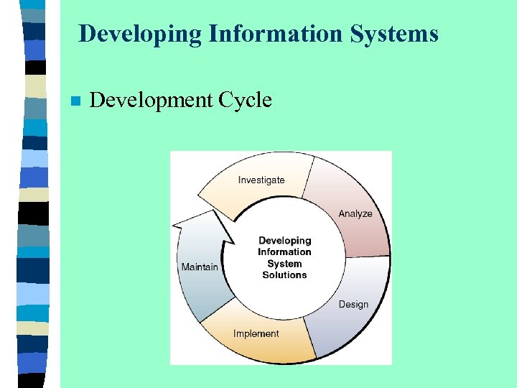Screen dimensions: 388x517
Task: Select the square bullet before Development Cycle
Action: coord(74,101)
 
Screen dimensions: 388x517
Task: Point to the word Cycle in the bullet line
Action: coord(245,100)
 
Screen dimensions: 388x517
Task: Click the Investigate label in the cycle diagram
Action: coord(261,180)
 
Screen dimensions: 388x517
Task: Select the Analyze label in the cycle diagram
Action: coord(355,213)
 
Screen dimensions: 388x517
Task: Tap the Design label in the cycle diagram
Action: coord(353,305)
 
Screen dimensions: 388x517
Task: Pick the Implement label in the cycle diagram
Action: coord(256,333)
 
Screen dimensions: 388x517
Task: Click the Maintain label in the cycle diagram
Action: coord(200,267)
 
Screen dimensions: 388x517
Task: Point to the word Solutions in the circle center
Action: coord(284,274)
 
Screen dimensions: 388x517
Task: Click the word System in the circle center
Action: coord(284,264)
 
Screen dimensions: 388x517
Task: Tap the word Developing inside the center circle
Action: coord(284,241)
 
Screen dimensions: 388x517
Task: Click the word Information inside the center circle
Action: coord(284,252)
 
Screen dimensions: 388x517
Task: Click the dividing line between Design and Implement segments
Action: coord(310,338)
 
